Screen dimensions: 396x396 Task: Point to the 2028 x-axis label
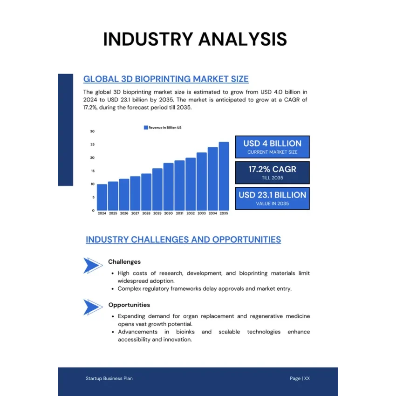coord(146,213)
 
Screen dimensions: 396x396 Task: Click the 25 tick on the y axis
coord(92,144)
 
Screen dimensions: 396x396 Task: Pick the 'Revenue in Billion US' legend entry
coord(163,127)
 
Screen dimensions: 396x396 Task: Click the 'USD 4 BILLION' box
coord(272,147)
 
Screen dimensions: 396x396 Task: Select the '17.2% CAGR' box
coord(272,172)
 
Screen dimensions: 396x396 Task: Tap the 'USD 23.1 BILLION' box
coord(272,198)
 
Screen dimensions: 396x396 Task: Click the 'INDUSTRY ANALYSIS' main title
coord(195,39)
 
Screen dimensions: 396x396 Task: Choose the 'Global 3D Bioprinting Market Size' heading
coord(166,79)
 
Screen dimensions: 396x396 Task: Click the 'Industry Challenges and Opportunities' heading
coord(183,239)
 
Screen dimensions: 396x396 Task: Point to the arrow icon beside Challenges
coord(93,265)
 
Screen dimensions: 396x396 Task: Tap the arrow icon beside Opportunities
coord(93,307)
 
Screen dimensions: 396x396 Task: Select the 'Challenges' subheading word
coord(124,262)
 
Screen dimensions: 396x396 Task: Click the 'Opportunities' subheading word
coord(129,305)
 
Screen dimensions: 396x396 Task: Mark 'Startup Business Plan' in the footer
coord(109,378)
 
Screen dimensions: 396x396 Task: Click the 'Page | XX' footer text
coord(300,378)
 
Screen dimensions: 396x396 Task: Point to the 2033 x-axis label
coord(202,213)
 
